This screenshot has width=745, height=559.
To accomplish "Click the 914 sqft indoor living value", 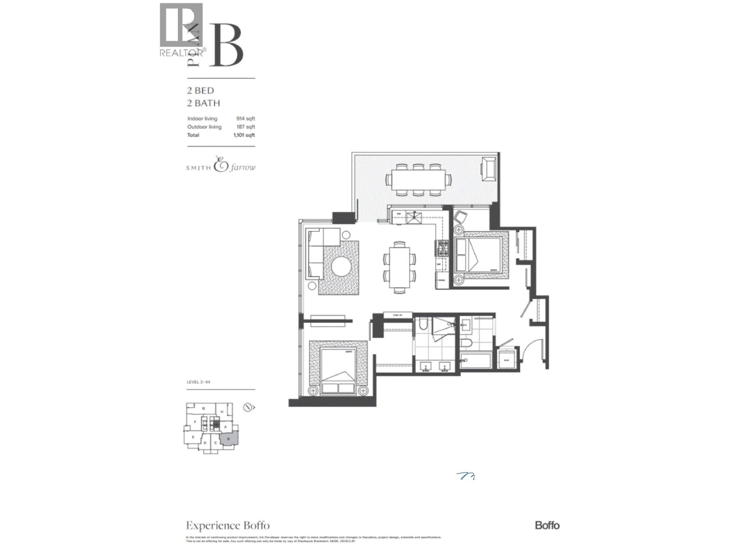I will tap(245, 119).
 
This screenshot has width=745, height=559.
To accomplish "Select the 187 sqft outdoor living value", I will tap(245, 127).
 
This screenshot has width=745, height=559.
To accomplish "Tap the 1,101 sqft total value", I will tap(244, 135).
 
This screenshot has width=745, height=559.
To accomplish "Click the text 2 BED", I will tap(200, 91).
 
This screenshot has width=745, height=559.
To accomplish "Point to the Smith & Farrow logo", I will tap(221, 166).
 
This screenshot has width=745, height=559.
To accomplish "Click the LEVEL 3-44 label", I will tap(198, 382).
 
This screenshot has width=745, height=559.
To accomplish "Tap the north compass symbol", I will tap(249, 407).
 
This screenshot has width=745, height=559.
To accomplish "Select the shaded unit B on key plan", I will tap(229, 439).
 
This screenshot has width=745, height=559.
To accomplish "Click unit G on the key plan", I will tap(203, 409).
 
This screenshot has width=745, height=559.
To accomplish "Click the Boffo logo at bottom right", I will tap(547, 525).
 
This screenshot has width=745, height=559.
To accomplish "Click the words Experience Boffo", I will tap(228, 526).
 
